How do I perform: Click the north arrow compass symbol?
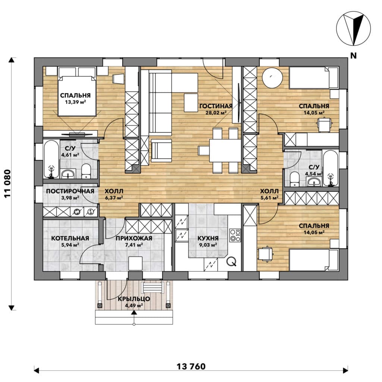click(x=354, y=28)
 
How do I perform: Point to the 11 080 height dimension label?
click(x=8, y=184)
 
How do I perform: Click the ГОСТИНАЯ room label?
click(x=216, y=106)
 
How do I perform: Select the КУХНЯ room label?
click(x=208, y=238)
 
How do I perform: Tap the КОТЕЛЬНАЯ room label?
click(x=70, y=238)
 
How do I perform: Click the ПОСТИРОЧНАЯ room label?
click(x=70, y=191)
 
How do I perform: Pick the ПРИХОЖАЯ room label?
click(x=134, y=238)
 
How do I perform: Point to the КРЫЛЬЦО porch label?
click(x=134, y=299)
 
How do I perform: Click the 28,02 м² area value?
click(x=216, y=113)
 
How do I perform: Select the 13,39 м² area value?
click(x=75, y=102)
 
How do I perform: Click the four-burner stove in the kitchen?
click(x=235, y=235)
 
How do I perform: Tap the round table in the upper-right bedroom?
click(x=272, y=78)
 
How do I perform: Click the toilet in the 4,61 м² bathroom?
click(x=86, y=171)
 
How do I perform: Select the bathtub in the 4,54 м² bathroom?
click(x=331, y=168)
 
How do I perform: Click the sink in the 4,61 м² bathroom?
click(x=68, y=174)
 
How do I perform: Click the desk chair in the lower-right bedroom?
click(x=266, y=254)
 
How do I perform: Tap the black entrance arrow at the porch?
click(x=134, y=313)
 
